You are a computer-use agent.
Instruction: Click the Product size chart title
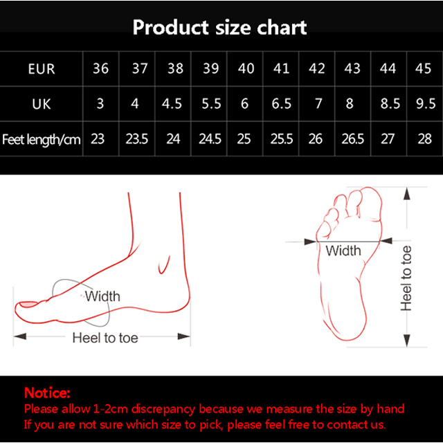[219, 28]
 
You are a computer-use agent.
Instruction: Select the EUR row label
[42, 69]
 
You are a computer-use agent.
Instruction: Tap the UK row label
[42, 104]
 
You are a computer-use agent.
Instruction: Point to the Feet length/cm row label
[42, 139]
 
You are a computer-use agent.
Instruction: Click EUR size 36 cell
[101, 69]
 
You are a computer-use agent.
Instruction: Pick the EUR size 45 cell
[423, 69]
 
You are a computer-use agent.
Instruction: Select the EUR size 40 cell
[246, 69]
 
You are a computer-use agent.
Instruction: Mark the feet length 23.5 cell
[137, 139]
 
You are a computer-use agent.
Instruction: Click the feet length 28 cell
[424, 139]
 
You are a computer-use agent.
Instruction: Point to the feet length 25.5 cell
[282, 139]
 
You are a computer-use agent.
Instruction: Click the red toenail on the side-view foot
[28, 305]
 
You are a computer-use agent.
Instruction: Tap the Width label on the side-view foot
[103, 296]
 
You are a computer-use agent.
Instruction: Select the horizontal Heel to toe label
[105, 338]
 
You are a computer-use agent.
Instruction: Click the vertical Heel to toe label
[406, 278]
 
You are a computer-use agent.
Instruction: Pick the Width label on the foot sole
[343, 251]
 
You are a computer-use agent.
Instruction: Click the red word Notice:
[47, 392]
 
